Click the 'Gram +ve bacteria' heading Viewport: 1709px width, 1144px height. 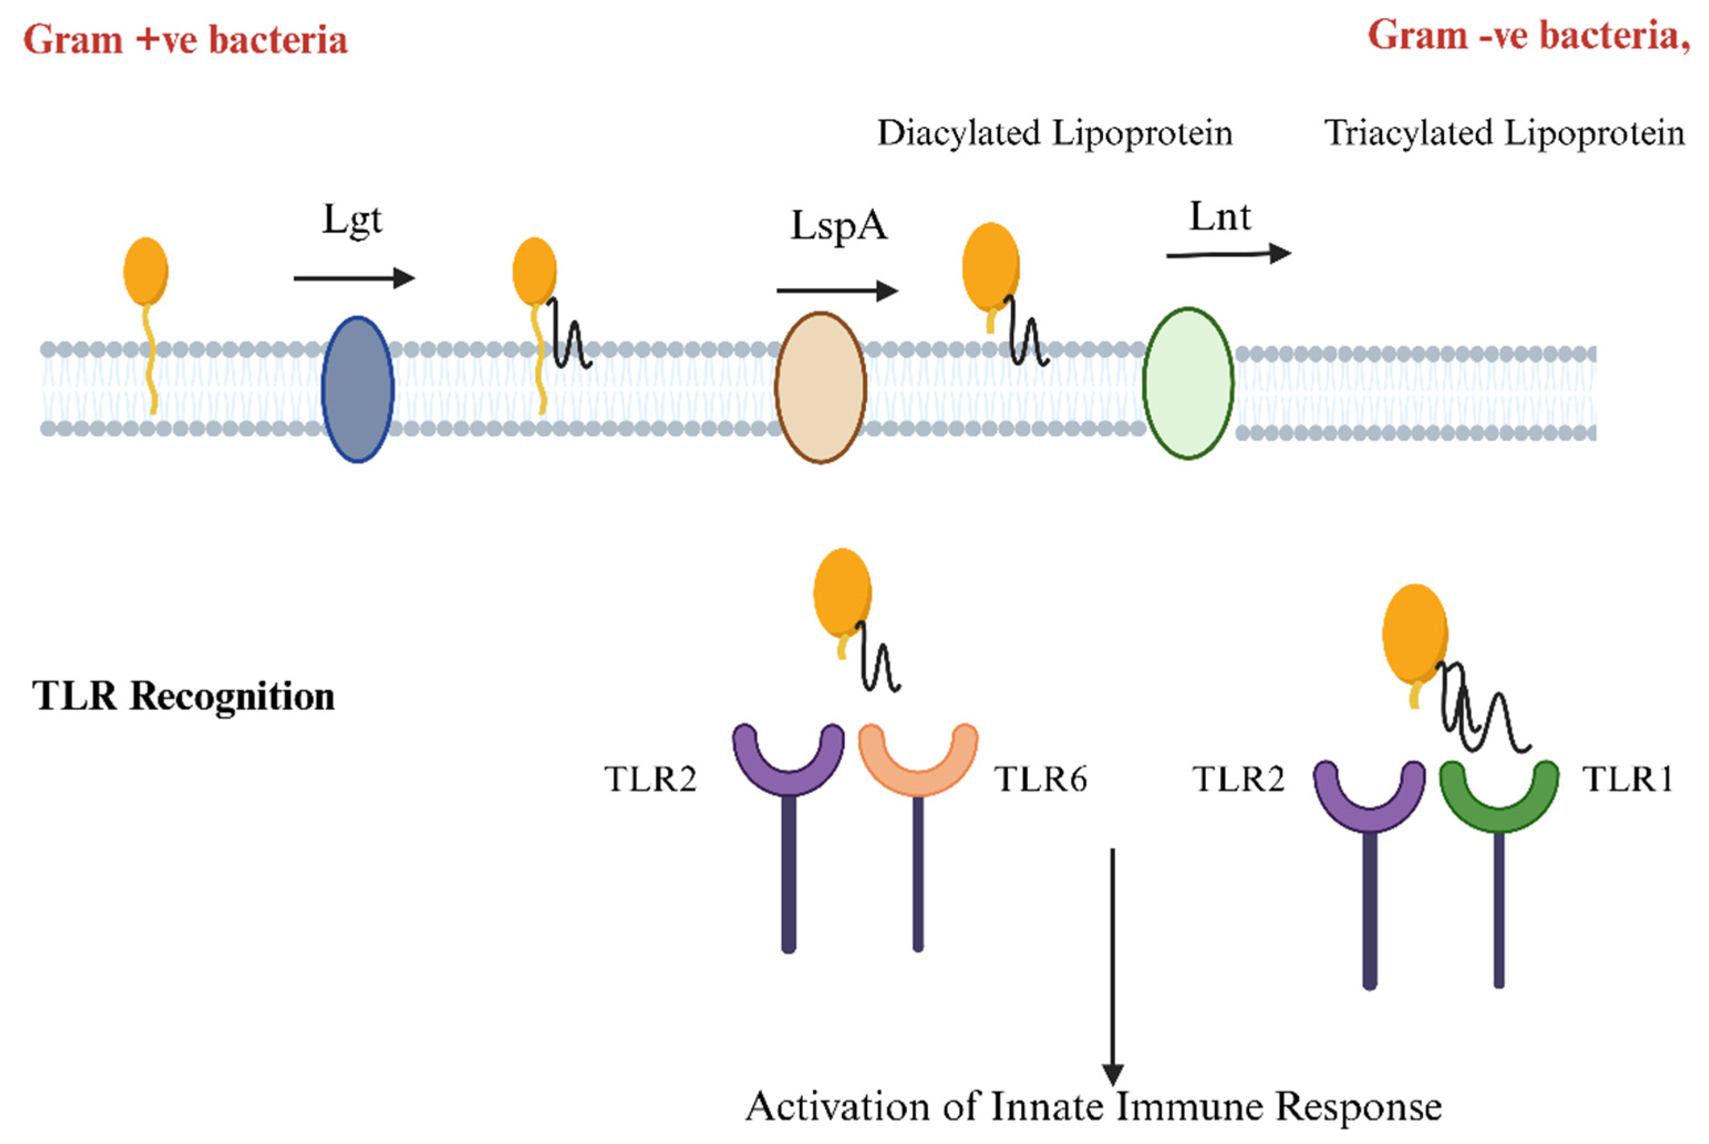185,39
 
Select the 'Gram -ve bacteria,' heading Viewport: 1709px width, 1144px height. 1528,37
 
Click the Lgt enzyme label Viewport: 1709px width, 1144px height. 353,219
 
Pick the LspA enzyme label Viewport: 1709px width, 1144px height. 839,226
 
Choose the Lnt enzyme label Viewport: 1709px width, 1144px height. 1220,217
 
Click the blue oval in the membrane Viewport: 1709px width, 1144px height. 358,389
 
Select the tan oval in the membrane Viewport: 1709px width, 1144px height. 820,387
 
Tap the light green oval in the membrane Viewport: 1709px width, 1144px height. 1188,383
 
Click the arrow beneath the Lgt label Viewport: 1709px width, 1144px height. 354,278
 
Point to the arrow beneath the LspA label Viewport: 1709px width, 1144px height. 836,290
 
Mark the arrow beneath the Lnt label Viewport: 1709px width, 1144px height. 1228,254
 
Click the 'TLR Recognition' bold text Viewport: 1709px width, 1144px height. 184,696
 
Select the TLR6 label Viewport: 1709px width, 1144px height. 1040,780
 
